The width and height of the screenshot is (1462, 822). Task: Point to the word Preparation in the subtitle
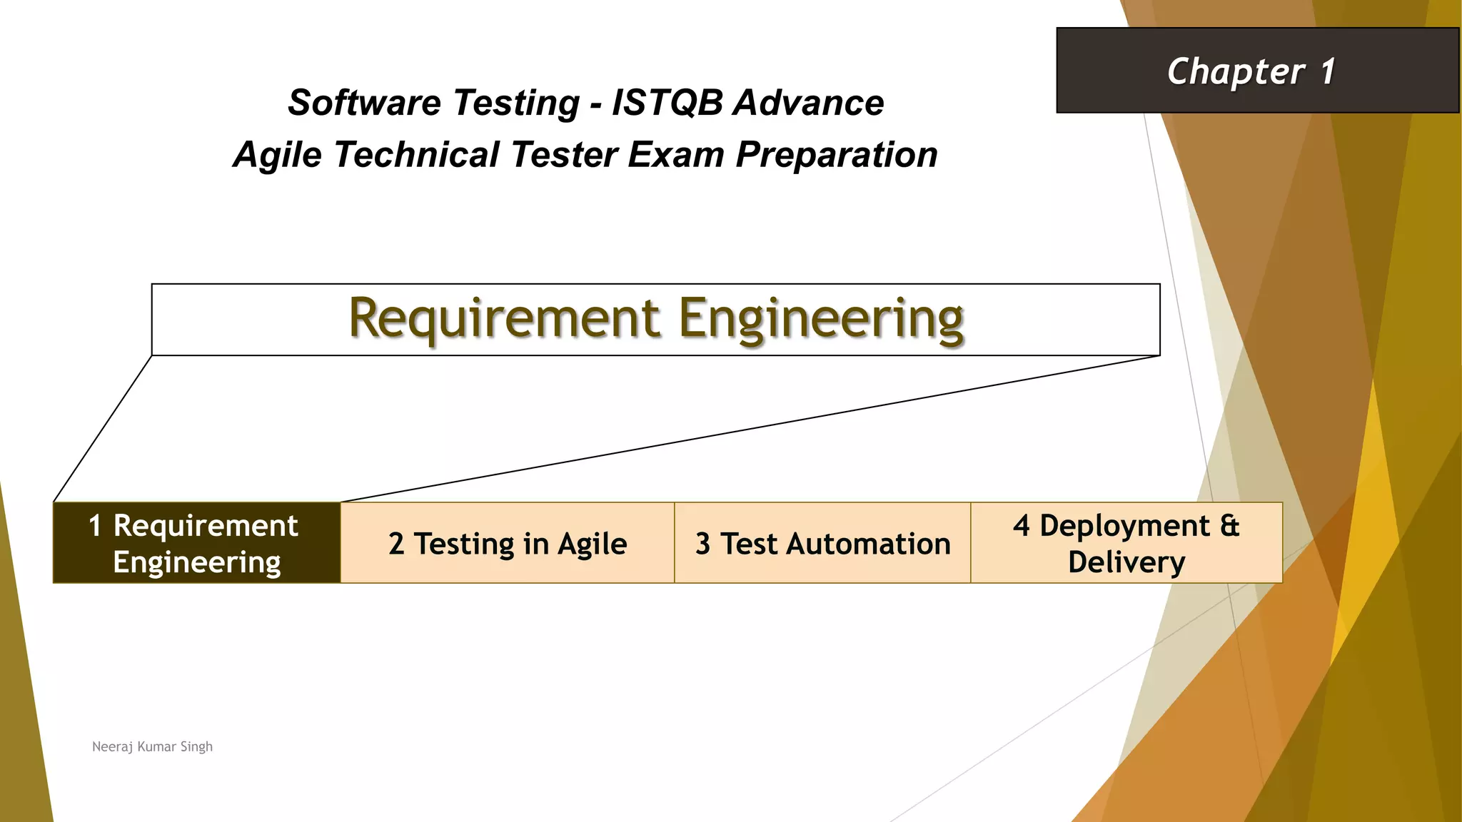[x=836, y=155]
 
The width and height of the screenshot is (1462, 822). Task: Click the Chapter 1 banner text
[x=1251, y=71]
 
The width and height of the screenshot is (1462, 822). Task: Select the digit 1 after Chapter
[x=1327, y=71]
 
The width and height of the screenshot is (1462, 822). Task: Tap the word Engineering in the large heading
[x=821, y=318]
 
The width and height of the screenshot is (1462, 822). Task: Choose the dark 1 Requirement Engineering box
[x=197, y=543]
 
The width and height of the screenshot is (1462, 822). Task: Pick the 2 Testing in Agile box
[x=508, y=543]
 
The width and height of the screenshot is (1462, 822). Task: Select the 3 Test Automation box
[x=822, y=543]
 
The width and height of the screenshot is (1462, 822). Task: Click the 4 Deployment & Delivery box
[x=1126, y=543]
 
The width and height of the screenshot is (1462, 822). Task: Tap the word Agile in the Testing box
[x=592, y=544]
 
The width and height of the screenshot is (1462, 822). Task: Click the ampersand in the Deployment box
[x=1229, y=526]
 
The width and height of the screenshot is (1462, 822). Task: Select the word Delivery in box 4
[x=1126, y=562]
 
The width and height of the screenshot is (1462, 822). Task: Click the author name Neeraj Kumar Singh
[x=152, y=746]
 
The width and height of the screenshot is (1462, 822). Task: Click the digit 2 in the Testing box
[x=396, y=544]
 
